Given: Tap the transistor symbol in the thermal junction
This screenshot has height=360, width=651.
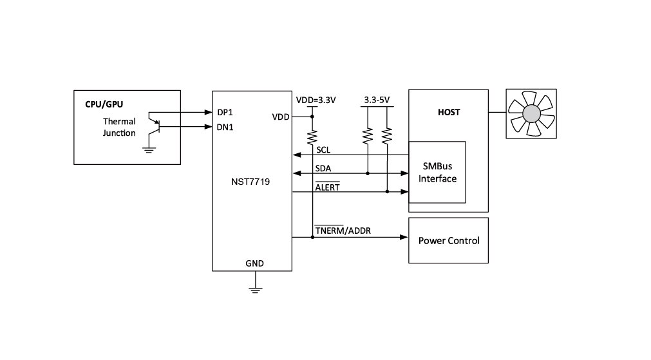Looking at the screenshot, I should coord(154,122).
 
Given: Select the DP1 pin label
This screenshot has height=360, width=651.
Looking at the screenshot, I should coord(225,111).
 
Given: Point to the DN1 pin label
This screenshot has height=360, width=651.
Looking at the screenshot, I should coord(225,127).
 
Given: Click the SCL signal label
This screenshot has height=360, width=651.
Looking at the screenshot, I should coord(323,150).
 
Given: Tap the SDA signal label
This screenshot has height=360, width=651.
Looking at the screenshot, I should coord(323,168).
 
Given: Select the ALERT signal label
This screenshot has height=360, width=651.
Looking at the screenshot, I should coord(327,187).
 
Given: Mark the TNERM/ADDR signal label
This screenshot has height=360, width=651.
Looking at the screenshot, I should coord(343,231).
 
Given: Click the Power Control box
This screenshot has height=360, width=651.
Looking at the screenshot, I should coord(449,240).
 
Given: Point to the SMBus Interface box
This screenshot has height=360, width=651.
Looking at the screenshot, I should coord(437,173).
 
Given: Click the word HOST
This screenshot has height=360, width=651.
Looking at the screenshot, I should coord(449,112).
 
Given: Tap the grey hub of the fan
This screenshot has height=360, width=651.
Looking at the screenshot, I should coord(531,113).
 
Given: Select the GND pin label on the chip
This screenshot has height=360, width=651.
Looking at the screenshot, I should coord(254,263).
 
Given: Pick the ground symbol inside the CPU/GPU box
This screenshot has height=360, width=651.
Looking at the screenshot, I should coord(149,150).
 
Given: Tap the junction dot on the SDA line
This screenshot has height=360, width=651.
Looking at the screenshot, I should coord(368,173).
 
